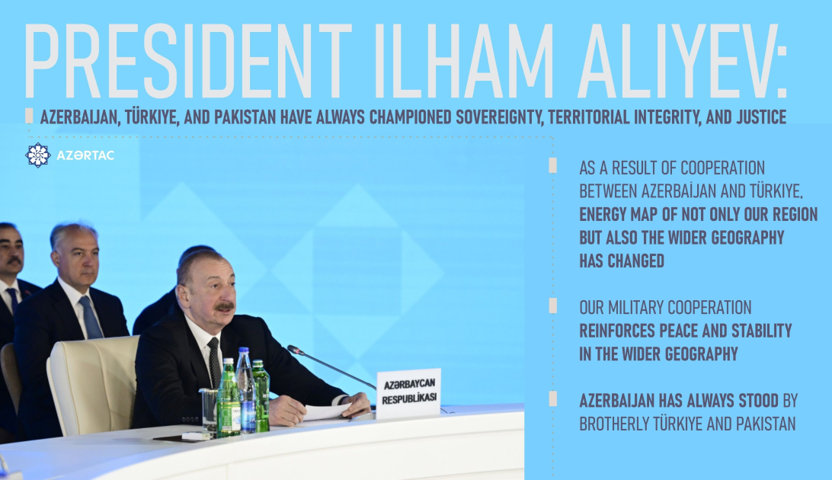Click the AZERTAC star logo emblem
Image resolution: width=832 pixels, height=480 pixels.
pyautogui.click(x=37, y=155)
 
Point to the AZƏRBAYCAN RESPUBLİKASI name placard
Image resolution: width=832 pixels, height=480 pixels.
pyautogui.click(x=408, y=394)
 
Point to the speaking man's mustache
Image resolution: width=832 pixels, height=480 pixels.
pyautogui.click(x=223, y=306)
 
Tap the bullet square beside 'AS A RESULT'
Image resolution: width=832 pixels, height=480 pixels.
pyautogui.click(x=552, y=165)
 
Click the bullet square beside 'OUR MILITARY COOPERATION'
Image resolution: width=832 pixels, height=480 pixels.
pyautogui.click(x=552, y=305)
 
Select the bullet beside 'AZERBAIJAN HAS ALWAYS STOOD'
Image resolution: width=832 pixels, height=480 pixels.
pyautogui.click(x=552, y=398)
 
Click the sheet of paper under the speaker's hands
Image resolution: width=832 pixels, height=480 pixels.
pyautogui.click(x=328, y=412)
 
